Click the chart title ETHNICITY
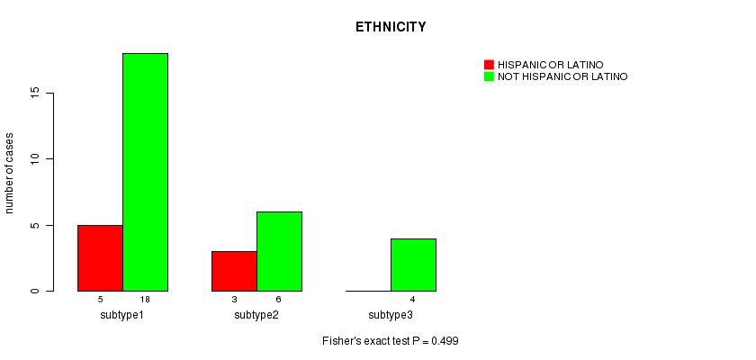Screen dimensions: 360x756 click(x=391, y=27)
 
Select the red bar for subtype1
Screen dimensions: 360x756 click(x=100, y=258)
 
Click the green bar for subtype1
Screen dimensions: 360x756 click(x=145, y=172)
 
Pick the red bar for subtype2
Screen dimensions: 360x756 click(x=234, y=271)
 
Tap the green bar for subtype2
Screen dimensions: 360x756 click(x=279, y=251)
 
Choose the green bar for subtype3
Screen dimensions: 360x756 click(x=413, y=265)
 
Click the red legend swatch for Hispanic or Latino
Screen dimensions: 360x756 click(x=489, y=65)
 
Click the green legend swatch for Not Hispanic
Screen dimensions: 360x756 click(x=489, y=76)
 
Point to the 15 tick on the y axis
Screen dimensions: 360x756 click(x=37, y=93)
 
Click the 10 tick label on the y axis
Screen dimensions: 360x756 click(x=37, y=159)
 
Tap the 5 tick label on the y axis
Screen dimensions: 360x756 click(x=37, y=225)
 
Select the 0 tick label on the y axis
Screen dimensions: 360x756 click(x=37, y=291)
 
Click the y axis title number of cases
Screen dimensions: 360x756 click(x=10, y=172)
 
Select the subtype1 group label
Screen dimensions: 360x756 click(x=122, y=315)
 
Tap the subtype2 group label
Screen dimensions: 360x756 click(x=256, y=315)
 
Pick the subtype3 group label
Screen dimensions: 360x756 click(x=391, y=315)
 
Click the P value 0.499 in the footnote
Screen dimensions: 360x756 click(x=446, y=342)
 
